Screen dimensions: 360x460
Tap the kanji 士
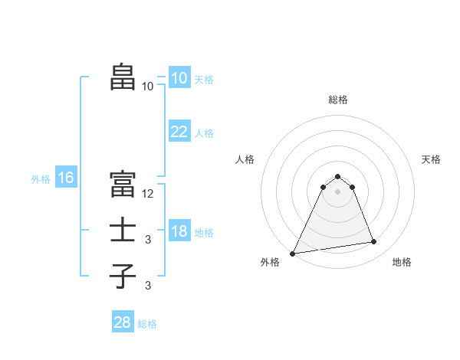tap(123, 230)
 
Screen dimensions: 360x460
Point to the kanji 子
tap(123, 276)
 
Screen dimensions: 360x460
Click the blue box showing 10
tap(179, 78)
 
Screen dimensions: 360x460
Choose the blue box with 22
tap(179, 132)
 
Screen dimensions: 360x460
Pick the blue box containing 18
tap(179, 232)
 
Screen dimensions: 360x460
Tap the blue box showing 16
tap(65, 178)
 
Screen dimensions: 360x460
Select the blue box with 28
tap(123, 322)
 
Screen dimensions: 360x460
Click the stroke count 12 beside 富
tap(148, 194)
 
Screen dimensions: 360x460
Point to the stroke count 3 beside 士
tap(148, 241)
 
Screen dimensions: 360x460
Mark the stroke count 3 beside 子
tap(148, 286)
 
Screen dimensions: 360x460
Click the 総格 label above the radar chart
tap(337, 100)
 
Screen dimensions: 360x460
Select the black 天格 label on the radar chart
tap(431, 159)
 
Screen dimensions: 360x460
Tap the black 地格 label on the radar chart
tap(402, 262)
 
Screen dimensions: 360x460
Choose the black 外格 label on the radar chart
tap(270, 262)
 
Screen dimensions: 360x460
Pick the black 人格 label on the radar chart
tap(245, 159)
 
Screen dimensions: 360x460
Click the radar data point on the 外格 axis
tap(293, 253)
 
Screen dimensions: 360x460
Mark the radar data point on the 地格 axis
tap(374, 242)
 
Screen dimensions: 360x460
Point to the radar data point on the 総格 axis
tap(337, 176)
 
